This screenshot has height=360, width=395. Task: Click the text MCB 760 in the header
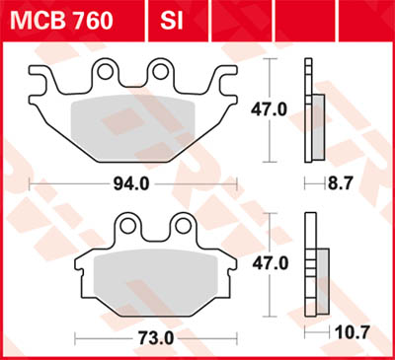coord(74,19)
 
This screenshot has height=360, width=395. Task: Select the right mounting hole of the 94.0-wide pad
coord(160,71)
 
